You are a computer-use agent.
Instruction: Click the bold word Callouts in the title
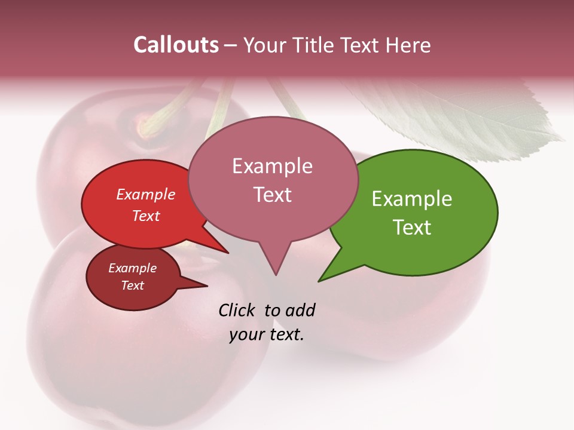coord(176,45)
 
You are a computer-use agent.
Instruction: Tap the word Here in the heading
coord(408,45)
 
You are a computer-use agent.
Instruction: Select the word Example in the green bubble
coord(411,198)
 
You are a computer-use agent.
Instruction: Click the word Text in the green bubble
coord(412,227)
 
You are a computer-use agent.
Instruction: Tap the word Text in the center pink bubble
coord(273,194)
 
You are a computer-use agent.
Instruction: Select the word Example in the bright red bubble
coord(145,194)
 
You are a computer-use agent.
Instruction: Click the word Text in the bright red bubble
coord(145,216)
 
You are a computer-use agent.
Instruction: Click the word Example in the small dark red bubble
coord(132,268)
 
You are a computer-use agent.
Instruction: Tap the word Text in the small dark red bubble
coord(132,285)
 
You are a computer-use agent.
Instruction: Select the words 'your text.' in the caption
coord(267,334)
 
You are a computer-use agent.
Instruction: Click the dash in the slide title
coord(231,45)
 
